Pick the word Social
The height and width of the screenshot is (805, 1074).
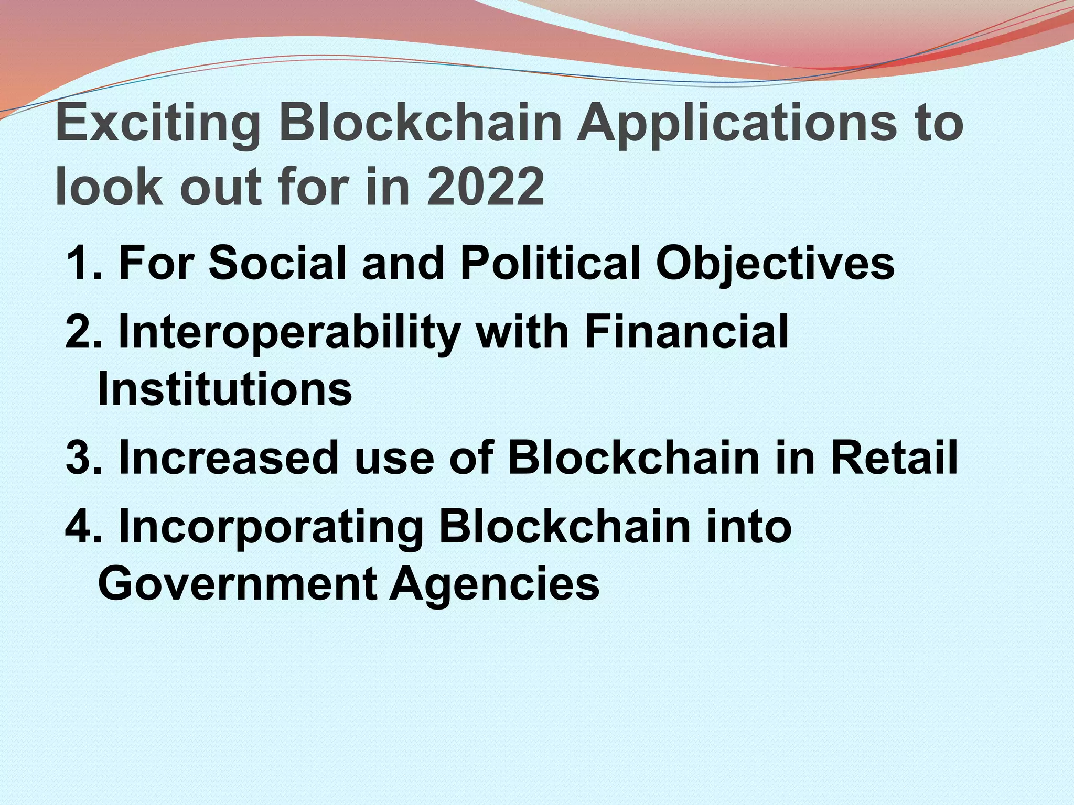pos(277,263)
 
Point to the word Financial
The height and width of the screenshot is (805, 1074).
pos(686,332)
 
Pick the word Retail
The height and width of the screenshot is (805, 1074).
pos(894,458)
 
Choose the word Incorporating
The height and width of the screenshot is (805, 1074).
pos(272,528)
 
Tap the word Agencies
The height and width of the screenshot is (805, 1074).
pos(494,585)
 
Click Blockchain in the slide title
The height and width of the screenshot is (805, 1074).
pos(420,124)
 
